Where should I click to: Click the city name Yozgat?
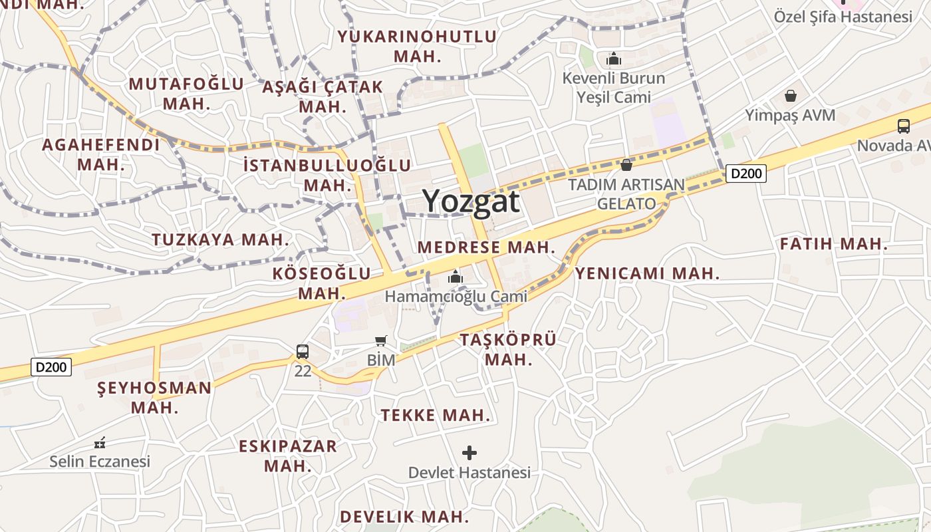click(x=471, y=201)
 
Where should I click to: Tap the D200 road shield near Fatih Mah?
click(x=745, y=174)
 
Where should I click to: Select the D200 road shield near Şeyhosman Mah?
click(x=51, y=367)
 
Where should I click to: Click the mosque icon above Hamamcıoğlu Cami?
click(x=456, y=277)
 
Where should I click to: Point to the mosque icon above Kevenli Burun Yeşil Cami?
click(x=613, y=59)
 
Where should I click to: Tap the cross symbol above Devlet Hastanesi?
click(x=469, y=453)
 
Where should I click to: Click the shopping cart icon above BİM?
click(x=381, y=341)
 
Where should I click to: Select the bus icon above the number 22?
click(x=303, y=351)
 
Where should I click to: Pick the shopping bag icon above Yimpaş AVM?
click(x=790, y=96)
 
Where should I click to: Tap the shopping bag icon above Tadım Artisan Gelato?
click(x=626, y=164)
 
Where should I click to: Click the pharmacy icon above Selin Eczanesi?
click(x=100, y=442)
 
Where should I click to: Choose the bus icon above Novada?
click(x=903, y=126)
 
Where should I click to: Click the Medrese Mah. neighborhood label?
click(x=486, y=247)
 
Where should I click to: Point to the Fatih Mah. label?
click(x=834, y=244)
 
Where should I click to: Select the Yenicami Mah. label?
click(x=647, y=273)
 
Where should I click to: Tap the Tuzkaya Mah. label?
click(x=221, y=239)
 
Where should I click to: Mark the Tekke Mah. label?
click(x=436, y=416)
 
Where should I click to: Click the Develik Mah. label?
click(x=404, y=517)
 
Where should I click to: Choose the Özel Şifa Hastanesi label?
click(x=843, y=17)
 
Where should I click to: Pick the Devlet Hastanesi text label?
click(x=469, y=473)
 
